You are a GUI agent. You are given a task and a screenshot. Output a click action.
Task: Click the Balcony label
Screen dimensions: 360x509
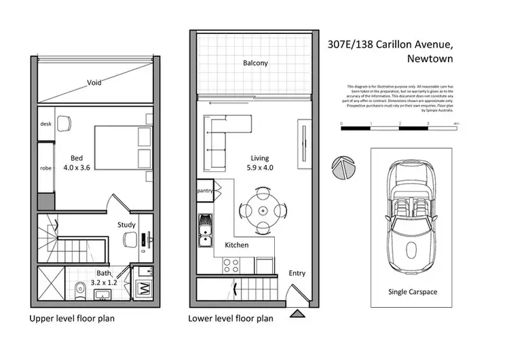(x=256, y=64)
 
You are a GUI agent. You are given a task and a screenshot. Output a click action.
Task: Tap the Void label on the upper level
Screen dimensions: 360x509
(x=94, y=84)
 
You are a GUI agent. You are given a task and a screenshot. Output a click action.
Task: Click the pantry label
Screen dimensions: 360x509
(x=205, y=191)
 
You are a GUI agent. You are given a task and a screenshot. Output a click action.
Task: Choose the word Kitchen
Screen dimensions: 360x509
(x=236, y=245)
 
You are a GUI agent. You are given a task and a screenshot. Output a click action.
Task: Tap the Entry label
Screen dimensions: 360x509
(x=297, y=273)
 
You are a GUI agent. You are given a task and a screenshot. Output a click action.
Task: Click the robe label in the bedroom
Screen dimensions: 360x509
(x=46, y=168)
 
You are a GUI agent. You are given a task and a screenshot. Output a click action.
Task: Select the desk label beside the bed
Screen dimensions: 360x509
(x=46, y=124)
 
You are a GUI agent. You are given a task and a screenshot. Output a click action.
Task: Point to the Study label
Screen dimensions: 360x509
(x=127, y=225)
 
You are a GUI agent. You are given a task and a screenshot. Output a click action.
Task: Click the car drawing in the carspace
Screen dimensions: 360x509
(x=409, y=218)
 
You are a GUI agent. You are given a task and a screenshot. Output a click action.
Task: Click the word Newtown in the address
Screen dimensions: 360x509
(x=430, y=58)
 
